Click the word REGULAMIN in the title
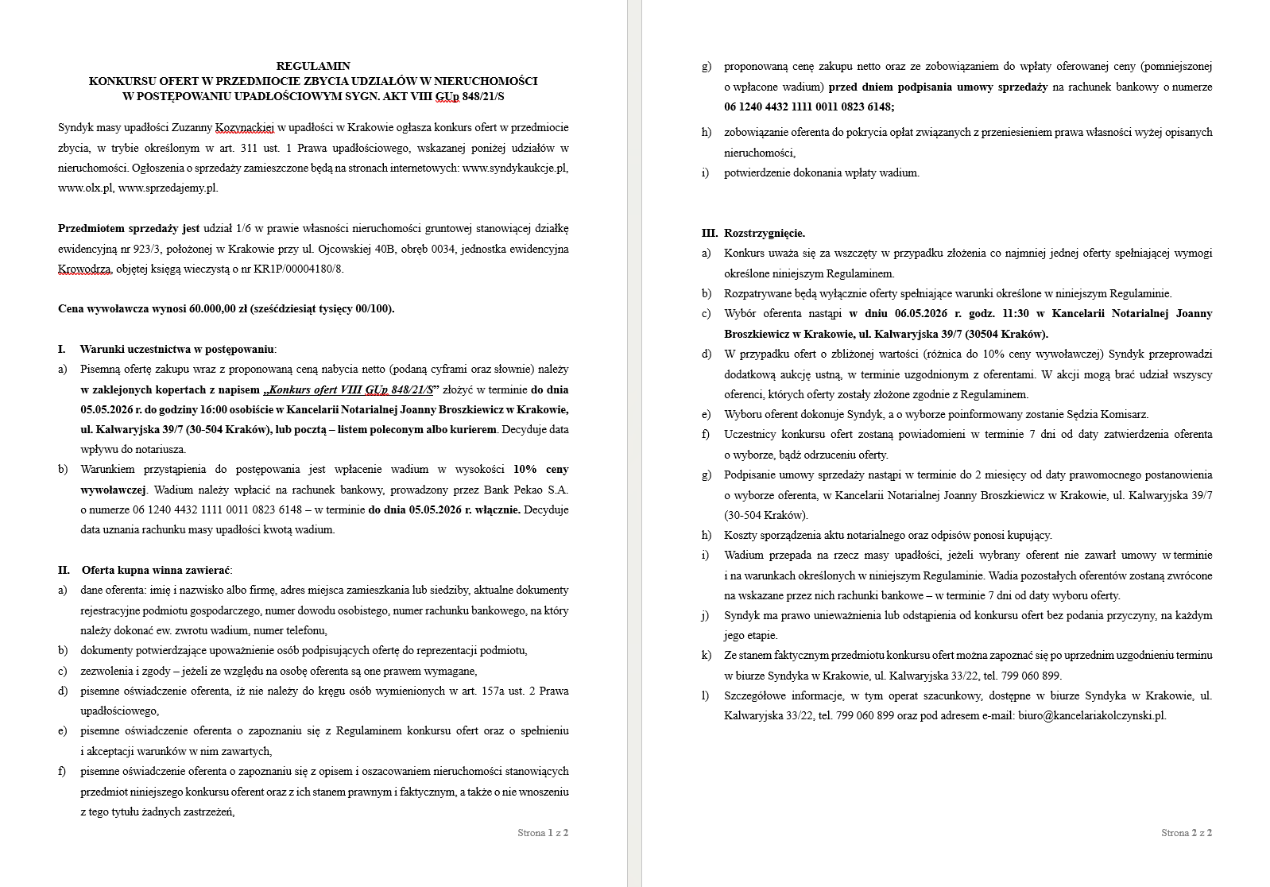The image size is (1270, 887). (313, 66)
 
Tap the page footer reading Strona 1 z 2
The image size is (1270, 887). (543, 833)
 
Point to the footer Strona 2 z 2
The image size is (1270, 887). (1187, 833)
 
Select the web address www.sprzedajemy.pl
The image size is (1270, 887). (168, 188)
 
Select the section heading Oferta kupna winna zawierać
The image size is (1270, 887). (156, 570)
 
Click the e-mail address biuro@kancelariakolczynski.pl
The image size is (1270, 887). (1092, 715)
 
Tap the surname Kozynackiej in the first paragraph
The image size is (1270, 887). (244, 128)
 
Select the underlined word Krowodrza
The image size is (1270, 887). (84, 269)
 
